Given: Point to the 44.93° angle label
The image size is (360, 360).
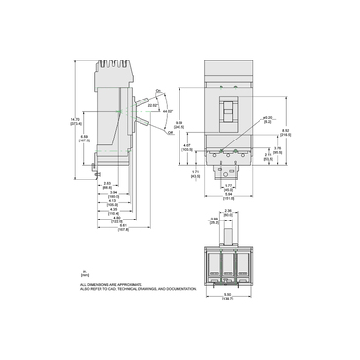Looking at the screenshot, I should [x=158, y=111].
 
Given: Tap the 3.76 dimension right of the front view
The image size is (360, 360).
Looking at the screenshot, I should [x=278, y=148].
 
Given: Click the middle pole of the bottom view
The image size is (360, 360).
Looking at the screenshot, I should [x=228, y=261].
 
